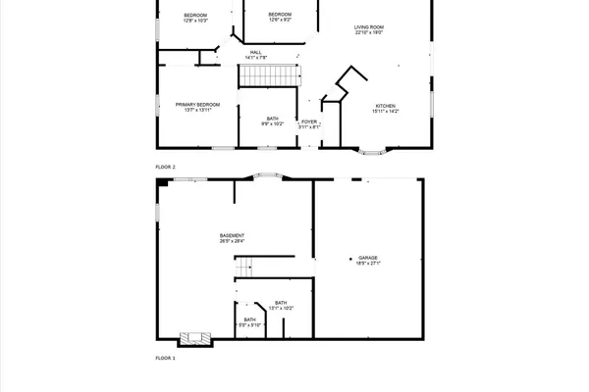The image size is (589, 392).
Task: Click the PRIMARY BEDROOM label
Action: click(197, 104)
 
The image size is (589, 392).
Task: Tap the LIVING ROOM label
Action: click(368, 26)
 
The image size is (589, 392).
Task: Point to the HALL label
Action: click(255, 52)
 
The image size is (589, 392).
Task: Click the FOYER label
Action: click(309, 122)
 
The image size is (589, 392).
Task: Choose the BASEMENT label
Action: click(232, 235)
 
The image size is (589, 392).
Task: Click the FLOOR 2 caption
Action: click(165, 168)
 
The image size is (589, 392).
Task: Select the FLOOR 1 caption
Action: click(165, 359)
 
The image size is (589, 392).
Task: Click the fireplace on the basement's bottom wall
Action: click(194, 338)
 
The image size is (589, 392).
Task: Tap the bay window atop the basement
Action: click(267, 176)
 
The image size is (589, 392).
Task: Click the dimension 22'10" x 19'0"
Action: click(368, 32)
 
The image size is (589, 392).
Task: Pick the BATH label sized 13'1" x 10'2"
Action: click(281, 303)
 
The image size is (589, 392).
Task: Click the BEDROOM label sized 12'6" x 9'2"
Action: click(282, 14)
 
